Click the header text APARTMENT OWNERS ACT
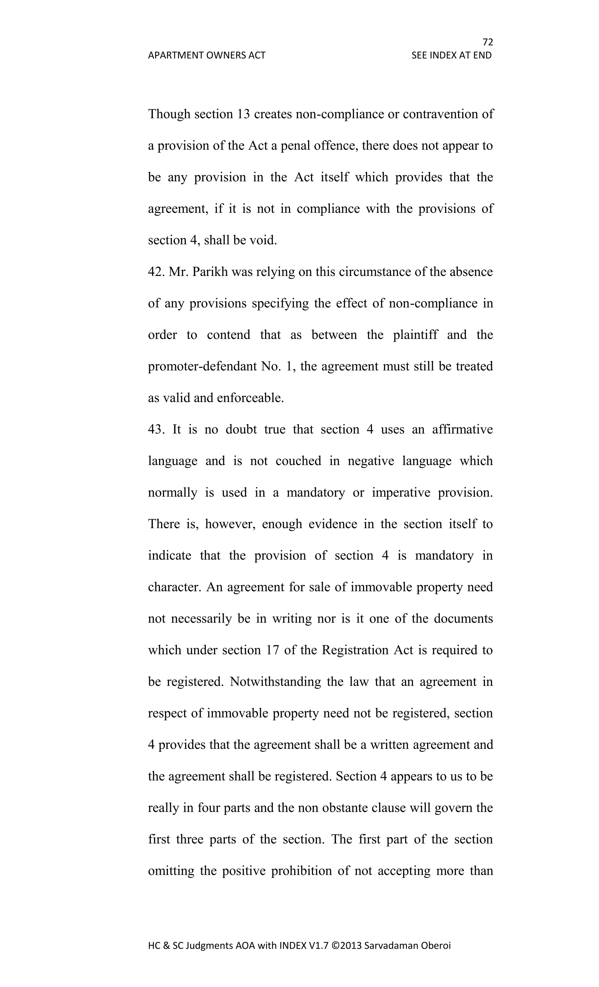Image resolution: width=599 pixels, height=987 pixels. pyautogui.click(x=206, y=55)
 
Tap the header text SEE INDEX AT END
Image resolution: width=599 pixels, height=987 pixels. pyautogui.click(x=451, y=55)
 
